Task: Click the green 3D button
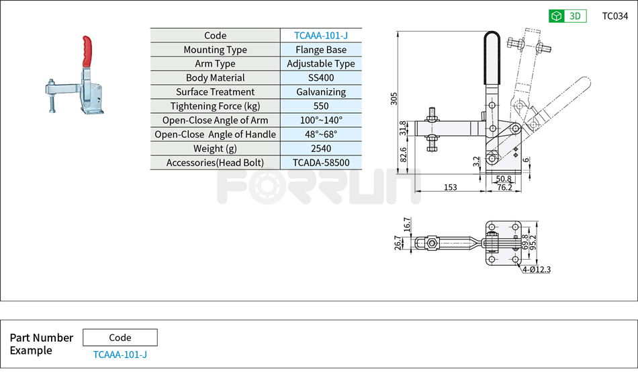pyautogui.click(x=567, y=16)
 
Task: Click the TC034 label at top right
pyautogui.click(x=615, y=16)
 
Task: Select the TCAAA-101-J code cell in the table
pyautogui.click(x=321, y=36)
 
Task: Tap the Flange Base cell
pyautogui.click(x=321, y=50)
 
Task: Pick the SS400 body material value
pyautogui.click(x=321, y=78)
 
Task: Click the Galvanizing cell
pyautogui.click(x=321, y=92)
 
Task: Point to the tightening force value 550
pyautogui.click(x=321, y=106)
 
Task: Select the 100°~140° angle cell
pyautogui.click(x=321, y=120)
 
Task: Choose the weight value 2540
pyautogui.click(x=321, y=149)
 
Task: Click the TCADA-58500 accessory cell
pyautogui.click(x=321, y=163)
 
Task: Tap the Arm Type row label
pyautogui.click(x=215, y=64)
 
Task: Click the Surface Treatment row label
pyautogui.click(x=215, y=92)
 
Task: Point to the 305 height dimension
pyautogui.click(x=394, y=99)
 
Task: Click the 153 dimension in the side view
pyautogui.click(x=451, y=188)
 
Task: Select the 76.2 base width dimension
pyautogui.click(x=504, y=188)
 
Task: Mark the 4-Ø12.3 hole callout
pyautogui.click(x=536, y=270)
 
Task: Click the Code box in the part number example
pyautogui.click(x=120, y=338)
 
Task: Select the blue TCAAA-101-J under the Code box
pyautogui.click(x=120, y=355)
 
